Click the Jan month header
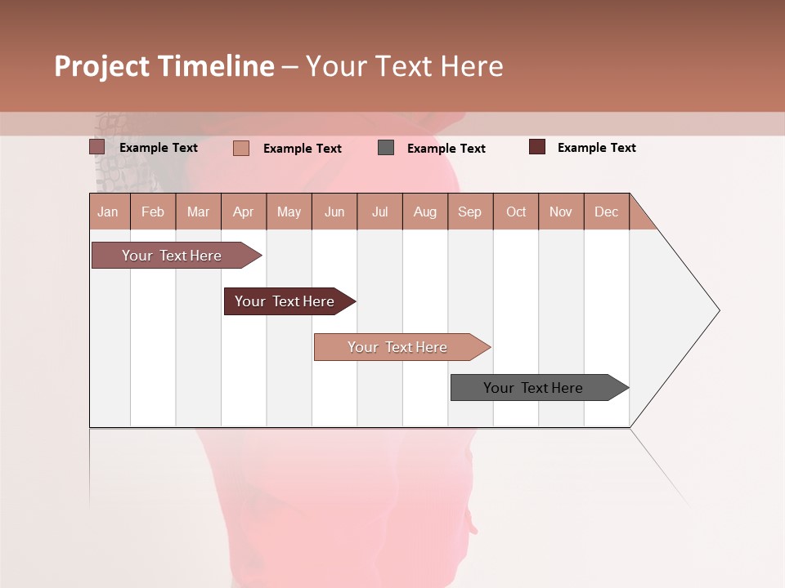[x=109, y=212]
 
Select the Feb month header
[x=153, y=212]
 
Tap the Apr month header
[x=244, y=212]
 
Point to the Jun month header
[x=334, y=212]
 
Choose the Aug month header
[x=425, y=212]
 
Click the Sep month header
[x=470, y=212]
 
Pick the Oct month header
[x=516, y=212]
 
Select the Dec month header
[x=607, y=212]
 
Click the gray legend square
[x=386, y=148]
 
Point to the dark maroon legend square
[x=537, y=147]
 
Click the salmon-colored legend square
[x=241, y=148]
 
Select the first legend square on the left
[x=97, y=147]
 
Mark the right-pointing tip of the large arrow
[x=718, y=310]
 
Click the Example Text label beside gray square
[x=446, y=149]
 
